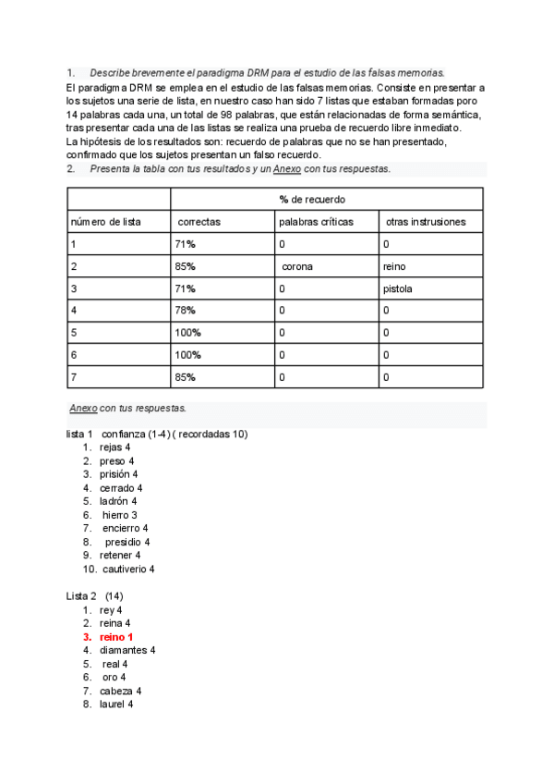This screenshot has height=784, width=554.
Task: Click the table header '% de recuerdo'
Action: tap(313, 200)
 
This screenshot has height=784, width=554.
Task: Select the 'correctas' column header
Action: tap(199, 222)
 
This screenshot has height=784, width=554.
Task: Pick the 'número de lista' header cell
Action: tap(105, 222)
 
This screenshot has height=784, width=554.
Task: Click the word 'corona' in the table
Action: tap(297, 266)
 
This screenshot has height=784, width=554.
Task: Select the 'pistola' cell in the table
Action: tap(398, 288)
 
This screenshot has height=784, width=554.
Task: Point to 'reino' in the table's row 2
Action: tap(394, 266)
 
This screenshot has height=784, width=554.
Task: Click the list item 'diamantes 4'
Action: tap(127, 650)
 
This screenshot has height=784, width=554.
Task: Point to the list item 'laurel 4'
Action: tap(116, 704)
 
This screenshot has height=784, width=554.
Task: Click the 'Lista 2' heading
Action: tap(81, 596)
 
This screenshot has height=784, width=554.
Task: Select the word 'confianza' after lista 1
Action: tap(124, 434)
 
